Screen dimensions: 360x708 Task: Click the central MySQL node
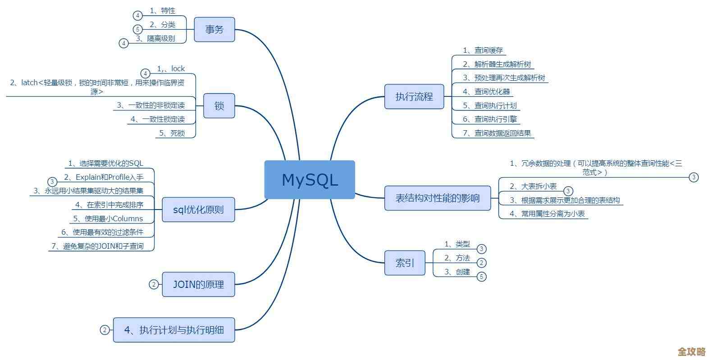pyautogui.click(x=310, y=179)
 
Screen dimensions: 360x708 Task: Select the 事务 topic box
pyautogui.click(x=214, y=30)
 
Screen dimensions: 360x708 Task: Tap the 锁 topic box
pyautogui.click(x=219, y=106)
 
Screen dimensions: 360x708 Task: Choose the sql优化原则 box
pyautogui.click(x=198, y=210)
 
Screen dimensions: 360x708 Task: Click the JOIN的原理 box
pyautogui.click(x=198, y=284)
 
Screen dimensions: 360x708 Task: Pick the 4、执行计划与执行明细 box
pyautogui.click(x=174, y=330)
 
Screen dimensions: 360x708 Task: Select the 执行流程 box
pyautogui.click(x=414, y=96)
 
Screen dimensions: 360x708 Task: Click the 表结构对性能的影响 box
pyautogui.click(x=437, y=198)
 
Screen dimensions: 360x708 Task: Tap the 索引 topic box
pyautogui.click(x=404, y=263)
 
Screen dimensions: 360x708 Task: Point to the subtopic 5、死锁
pyautogui.click(x=172, y=133)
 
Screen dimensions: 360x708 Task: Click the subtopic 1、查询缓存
pyautogui.click(x=483, y=50)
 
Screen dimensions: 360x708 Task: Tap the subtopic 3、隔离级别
pyautogui.click(x=155, y=39)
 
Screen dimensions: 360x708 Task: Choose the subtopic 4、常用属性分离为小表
pyautogui.click(x=547, y=214)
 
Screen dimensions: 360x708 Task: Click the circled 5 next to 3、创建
pyautogui.click(x=481, y=277)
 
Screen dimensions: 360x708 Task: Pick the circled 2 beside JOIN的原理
pyautogui.click(x=154, y=284)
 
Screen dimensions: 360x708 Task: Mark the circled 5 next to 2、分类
pyautogui.click(x=138, y=29)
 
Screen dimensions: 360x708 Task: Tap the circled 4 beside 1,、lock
pyautogui.click(x=145, y=73)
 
